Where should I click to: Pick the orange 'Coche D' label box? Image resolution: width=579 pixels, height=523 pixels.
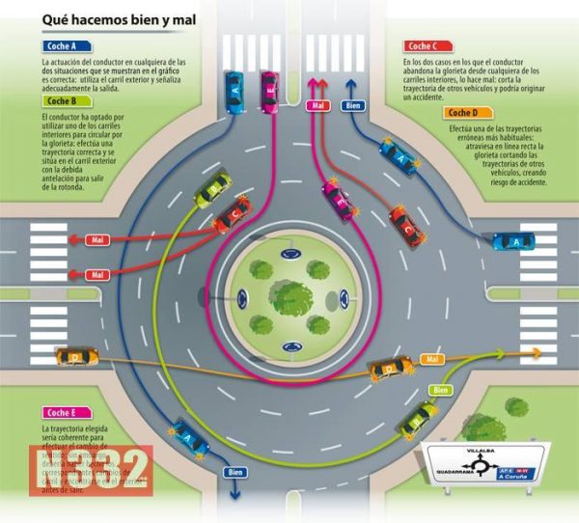point(466,113)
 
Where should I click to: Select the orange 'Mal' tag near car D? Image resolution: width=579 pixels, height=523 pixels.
point(431,359)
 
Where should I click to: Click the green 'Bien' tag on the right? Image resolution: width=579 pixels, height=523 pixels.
point(441,389)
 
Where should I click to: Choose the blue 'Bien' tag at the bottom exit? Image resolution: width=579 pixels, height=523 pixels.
point(234,472)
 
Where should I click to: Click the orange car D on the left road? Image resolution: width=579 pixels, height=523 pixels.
point(76,357)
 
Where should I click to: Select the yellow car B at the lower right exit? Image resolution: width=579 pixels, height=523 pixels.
point(418,417)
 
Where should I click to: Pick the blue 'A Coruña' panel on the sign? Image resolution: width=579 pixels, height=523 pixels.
point(515,474)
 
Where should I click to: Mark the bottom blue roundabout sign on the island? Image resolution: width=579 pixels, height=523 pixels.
point(289,345)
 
